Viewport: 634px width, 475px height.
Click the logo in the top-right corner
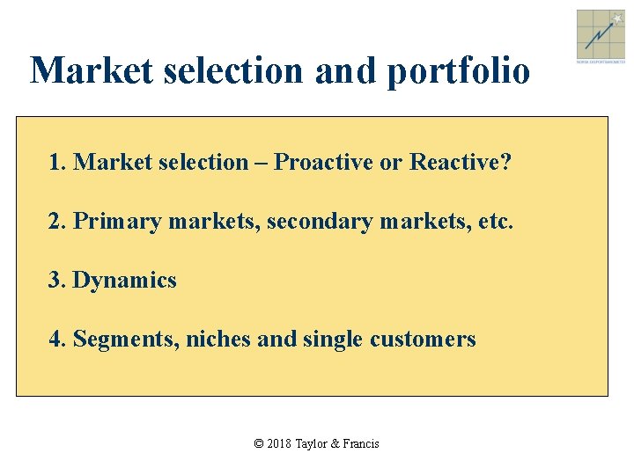coord(601,34)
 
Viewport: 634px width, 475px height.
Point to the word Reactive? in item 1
coord(461,163)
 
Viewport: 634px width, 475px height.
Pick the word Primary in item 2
coord(117,222)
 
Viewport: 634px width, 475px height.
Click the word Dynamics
coord(125,281)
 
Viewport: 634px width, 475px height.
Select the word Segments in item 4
coord(126,339)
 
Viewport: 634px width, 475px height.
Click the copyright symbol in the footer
coord(259,444)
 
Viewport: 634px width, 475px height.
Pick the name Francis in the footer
coord(361,444)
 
